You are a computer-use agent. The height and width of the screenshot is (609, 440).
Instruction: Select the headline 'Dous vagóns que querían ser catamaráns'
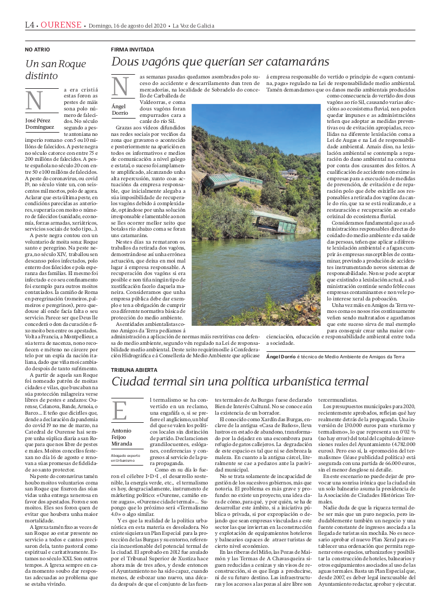pos(220,61)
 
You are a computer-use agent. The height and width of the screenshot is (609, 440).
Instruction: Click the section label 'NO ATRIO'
pos(37,49)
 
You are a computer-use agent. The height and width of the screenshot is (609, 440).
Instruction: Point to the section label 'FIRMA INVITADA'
pos(132,49)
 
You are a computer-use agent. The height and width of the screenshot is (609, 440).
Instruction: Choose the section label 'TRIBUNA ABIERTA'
pos(135,370)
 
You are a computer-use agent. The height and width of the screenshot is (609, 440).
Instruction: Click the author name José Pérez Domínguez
pos(40,124)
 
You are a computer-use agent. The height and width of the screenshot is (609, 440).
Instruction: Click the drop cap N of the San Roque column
pos(35,100)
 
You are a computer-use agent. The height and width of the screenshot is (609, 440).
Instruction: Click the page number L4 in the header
pos(30,25)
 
